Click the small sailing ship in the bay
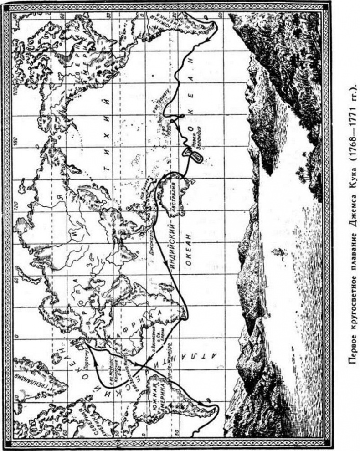coord(277,251)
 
